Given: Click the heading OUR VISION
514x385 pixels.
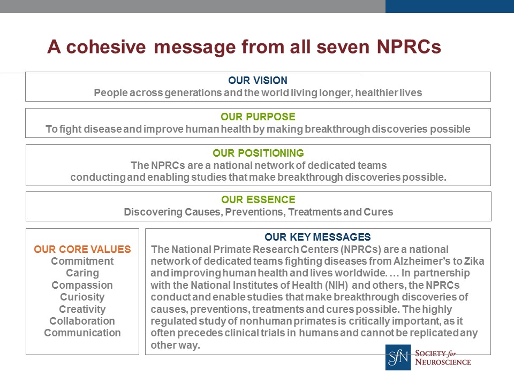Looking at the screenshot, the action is coord(258,80).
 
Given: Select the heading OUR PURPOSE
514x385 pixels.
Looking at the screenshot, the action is coord(258,117).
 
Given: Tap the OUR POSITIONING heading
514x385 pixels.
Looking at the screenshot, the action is coord(258,153).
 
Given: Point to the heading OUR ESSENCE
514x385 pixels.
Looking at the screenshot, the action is coord(258,199).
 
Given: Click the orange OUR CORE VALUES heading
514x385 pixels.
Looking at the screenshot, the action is coord(82,249).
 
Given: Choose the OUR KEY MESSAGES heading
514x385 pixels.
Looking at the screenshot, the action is coord(318,237).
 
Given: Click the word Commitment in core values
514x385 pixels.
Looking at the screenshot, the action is coord(82,261).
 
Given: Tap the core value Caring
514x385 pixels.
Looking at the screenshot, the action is coord(82,273).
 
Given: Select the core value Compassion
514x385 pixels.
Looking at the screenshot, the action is coord(82,285).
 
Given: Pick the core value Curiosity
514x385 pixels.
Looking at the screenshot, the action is coord(82,297).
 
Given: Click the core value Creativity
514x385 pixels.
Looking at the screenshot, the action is coord(82,309).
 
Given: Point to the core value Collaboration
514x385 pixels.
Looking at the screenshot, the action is coord(82,321).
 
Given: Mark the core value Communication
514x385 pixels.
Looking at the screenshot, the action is coord(82,333).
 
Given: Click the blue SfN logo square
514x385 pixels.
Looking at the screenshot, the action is coord(398,357).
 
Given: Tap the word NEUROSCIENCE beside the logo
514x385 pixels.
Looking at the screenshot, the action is coord(443,362).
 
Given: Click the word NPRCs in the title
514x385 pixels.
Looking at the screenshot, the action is coord(409,47).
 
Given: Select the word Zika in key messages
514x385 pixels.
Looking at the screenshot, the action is coord(474,261).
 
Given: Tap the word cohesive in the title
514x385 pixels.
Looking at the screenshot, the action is coord(106,47).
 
